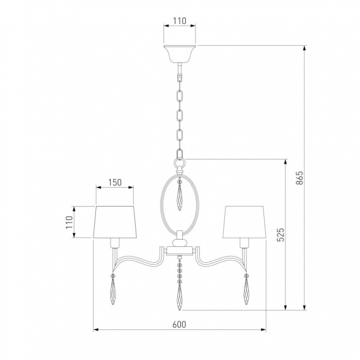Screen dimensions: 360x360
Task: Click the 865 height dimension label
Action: pos(299,178)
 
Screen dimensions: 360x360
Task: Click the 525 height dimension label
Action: pos(281,235)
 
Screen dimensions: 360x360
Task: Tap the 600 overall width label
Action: pos(179,325)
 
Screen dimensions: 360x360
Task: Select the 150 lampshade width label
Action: pos(115,183)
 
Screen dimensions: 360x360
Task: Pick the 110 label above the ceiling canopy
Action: pos(180,21)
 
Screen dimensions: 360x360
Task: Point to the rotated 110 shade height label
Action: pos(69,222)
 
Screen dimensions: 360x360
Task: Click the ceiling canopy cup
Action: pos(180,54)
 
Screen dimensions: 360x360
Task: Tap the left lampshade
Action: pos(115,222)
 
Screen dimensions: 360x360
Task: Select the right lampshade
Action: pos(244,222)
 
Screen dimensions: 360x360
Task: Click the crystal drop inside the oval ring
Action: pos(180,197)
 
